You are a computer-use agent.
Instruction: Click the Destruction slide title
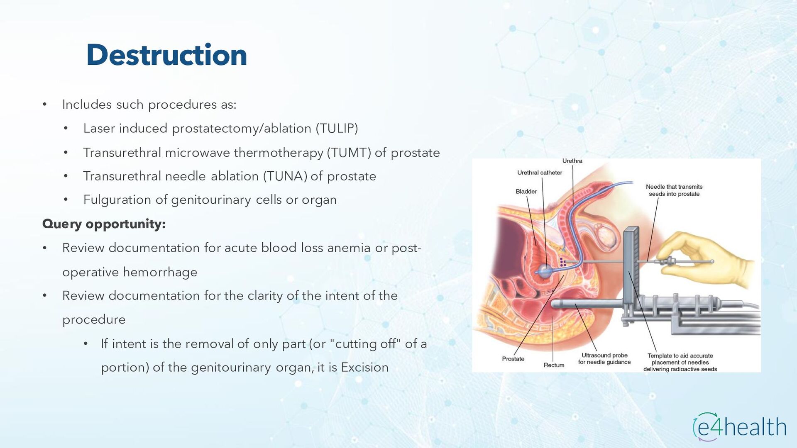coord(166,55)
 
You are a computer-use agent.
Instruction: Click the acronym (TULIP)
coord(337,129)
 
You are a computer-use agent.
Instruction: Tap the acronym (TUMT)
coord(349,153)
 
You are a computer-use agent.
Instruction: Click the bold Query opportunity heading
coord(104,224)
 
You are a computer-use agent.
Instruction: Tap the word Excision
coord(364,368)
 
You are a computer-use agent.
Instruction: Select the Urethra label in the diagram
coord(572,161)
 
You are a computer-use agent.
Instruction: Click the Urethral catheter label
coord(539,173)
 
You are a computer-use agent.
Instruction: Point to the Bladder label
coord(526,192)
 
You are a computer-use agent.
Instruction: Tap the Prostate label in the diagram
coord(513,359)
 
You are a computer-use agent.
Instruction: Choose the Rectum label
coord(554,365)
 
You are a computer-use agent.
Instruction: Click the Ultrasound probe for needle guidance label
coord(604,359)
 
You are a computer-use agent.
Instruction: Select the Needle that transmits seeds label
coord(674,190)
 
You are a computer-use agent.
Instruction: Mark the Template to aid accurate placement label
coord(680,362)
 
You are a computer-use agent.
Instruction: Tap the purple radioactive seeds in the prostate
coord(563,262)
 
